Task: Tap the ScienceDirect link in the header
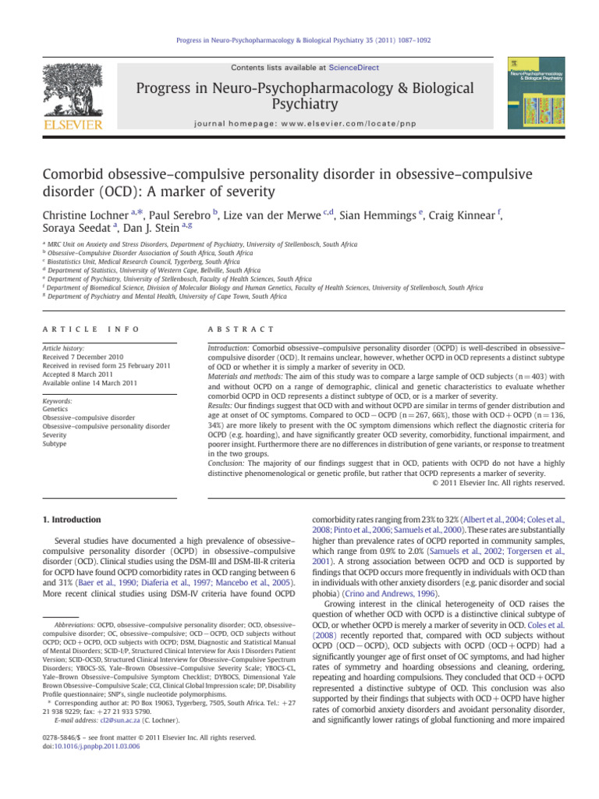coord(333,69)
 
